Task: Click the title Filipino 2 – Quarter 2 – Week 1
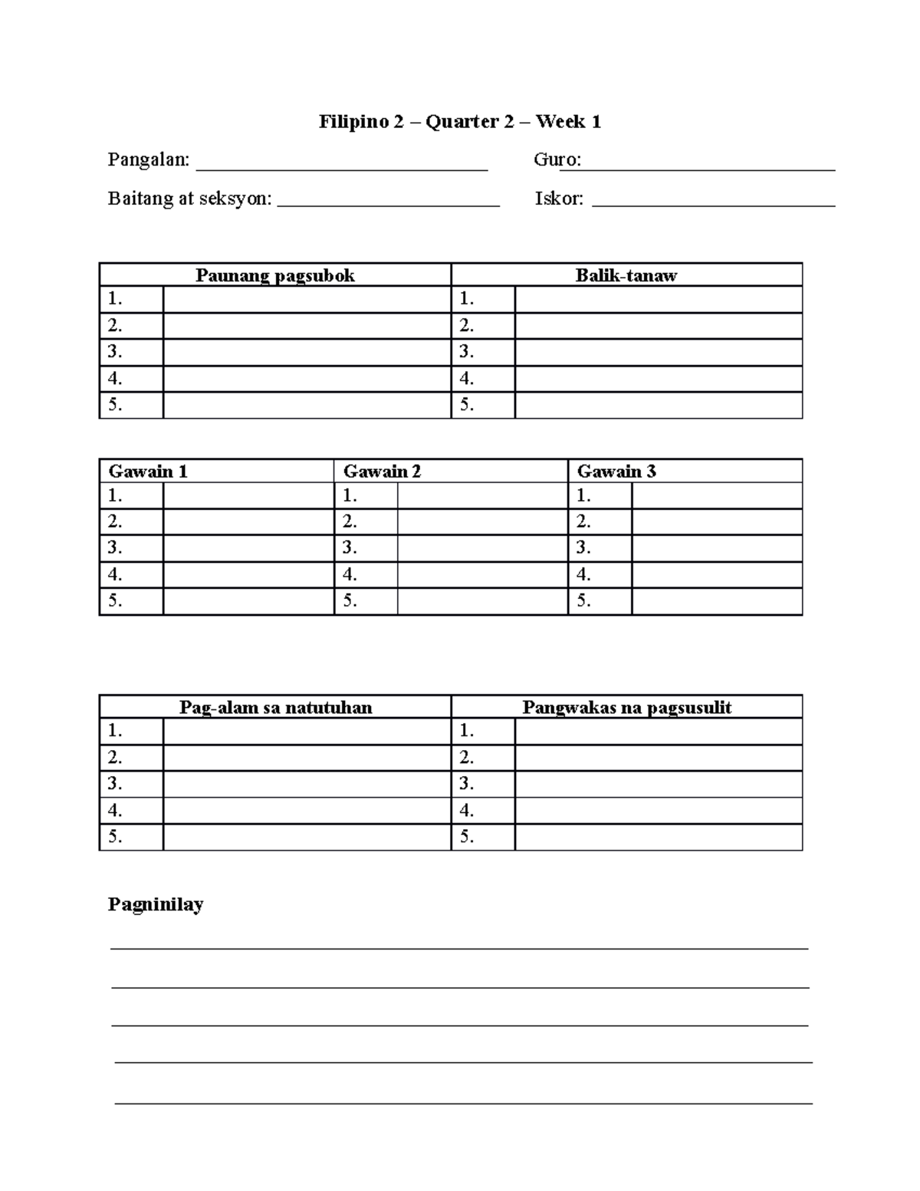tap(460, 122)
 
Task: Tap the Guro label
tap(557, 160)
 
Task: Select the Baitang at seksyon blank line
tap(388, 204)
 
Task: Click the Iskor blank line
tap(714, 204)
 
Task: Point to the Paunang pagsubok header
tap(274, 275)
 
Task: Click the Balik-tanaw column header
tap(626, 275)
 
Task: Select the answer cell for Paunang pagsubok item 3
tap(307, 353)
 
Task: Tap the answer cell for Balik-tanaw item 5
tap(658, 405)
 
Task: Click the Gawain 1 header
tap(148, 471)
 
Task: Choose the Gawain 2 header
tap(382, 471)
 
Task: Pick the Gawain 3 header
tap(616, 471)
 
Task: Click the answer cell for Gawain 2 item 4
tap(482, 574)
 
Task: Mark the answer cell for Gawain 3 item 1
tap(717, 496)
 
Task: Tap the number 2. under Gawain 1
tap(116, 522)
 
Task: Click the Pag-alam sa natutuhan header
tap(275, 707)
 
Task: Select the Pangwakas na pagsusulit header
tap(626, 707)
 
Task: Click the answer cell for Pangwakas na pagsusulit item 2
tap(658, 758)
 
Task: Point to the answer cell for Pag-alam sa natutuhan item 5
tap(307, 837)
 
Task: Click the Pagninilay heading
tap(156, 904)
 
